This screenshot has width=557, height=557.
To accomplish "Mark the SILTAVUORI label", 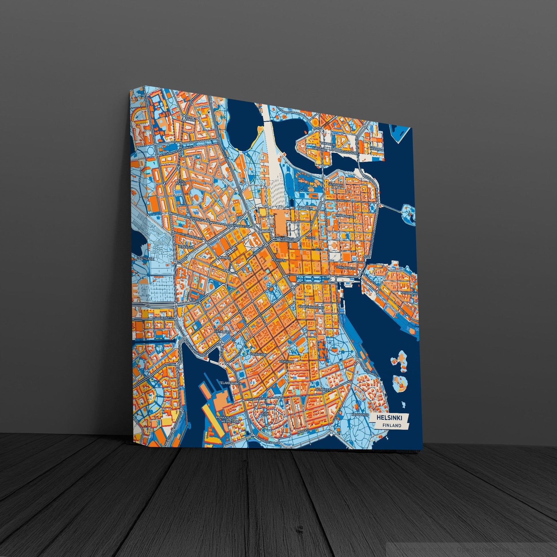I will pyautogui.click(x=335, y=185).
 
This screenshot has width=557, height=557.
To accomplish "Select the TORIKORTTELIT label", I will pyautogui.click(x=346, y=268).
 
